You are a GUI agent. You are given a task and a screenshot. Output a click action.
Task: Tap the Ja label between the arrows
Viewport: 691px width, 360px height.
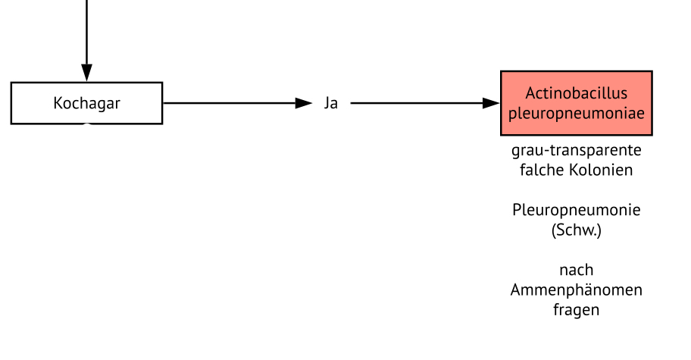click(331, 103)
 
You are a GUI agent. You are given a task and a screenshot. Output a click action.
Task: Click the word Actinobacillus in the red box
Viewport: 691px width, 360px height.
click(576, 93)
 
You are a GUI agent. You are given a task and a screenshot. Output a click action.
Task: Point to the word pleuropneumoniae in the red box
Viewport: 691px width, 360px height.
click(576, 113)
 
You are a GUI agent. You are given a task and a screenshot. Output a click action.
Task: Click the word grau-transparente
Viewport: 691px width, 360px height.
click(576, 149)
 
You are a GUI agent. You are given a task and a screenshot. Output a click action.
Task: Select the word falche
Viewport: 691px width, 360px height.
click(540, 170)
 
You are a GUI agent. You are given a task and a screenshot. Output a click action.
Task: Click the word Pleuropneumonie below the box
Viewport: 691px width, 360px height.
click(576, 210)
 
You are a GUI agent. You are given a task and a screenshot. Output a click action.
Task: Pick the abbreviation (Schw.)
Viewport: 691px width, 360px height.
click(576, 230)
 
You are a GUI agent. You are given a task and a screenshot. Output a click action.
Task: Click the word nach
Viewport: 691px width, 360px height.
click(576, 270)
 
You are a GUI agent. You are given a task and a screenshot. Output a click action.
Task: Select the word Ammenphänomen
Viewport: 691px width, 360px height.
click(576, 290)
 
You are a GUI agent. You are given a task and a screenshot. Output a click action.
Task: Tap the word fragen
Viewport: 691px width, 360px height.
click(576, 310)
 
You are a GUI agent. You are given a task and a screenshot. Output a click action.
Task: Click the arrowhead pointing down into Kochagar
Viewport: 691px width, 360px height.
click(86, 73)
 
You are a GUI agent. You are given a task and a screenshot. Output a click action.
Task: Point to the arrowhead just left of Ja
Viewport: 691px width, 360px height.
click(304, 103)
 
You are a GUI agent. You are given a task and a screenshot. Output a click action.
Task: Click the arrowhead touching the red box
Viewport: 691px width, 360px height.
click(492, 103)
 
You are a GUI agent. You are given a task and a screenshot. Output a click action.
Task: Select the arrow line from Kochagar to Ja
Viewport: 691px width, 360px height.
click(227, 103)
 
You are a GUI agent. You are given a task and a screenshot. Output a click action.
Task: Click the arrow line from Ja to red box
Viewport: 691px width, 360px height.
click(417, 103)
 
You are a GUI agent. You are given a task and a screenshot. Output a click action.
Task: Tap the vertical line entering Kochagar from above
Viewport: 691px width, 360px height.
click(86, 30)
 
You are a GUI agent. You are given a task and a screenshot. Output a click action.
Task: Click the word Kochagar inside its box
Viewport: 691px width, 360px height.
click(86, 103)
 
